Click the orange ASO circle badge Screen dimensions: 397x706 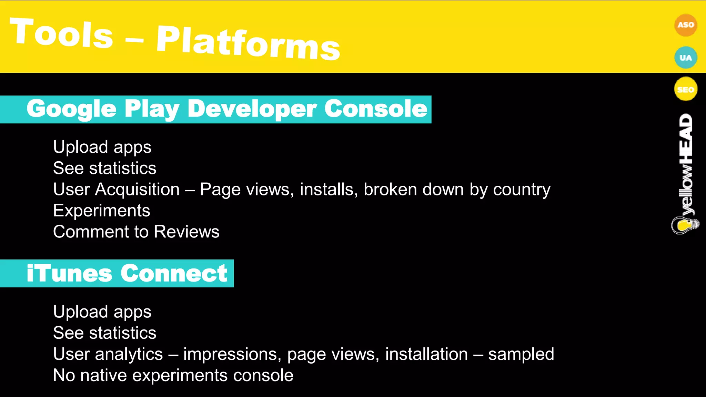(685, 25)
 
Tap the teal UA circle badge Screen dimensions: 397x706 (685, 58)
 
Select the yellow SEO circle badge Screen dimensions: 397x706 (685, 90)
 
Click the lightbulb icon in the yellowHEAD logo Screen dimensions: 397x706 (684, 225)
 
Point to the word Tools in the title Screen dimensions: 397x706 (61, 33)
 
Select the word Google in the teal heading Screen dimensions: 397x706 (72, 109)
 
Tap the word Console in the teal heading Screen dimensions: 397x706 (376, 109)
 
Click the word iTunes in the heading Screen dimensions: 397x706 (69, 274)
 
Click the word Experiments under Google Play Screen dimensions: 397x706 (102, 211)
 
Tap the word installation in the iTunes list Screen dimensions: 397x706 (426, 354)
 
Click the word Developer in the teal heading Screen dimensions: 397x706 (252, 109)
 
